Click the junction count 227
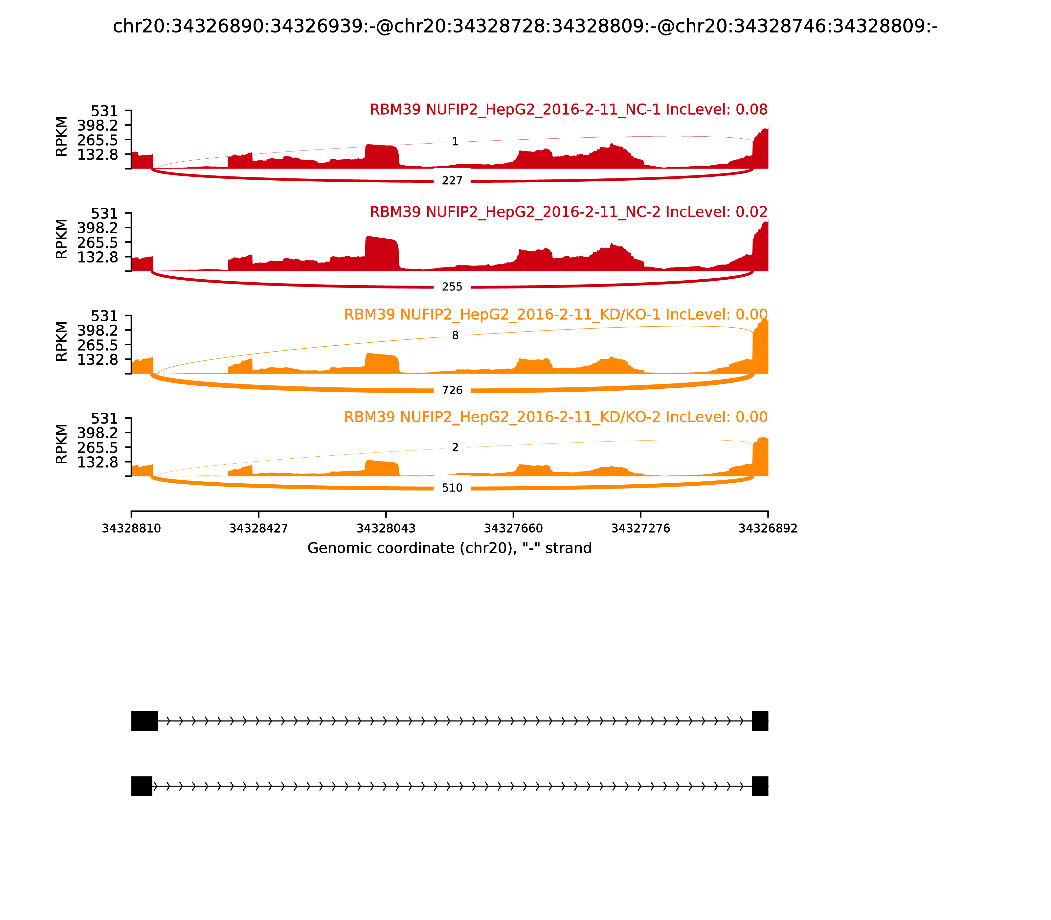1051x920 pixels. [452, 181]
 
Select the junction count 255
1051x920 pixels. [452, 287]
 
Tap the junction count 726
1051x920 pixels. [452, 390]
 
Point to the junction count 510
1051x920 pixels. [452, 488]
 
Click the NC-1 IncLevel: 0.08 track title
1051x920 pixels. [569, 110]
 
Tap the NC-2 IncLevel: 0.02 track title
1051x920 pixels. [569, 212]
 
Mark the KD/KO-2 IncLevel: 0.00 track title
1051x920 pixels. [556, 417]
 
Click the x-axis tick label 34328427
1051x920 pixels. [259, 528]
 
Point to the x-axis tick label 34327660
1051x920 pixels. [513, 528]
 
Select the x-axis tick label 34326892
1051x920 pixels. [768, 528]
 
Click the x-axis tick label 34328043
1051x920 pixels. [386, 528]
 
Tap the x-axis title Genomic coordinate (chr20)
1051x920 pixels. [450, 548]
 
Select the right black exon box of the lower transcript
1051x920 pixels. [760, 786]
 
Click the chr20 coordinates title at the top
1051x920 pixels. [525, 26]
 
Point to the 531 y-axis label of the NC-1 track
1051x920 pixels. [104, 111]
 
